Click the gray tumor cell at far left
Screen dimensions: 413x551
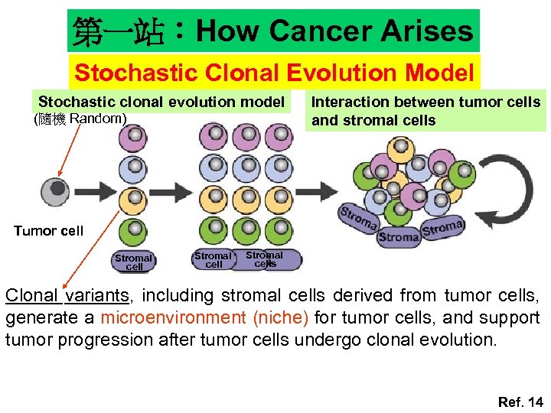[54, 190]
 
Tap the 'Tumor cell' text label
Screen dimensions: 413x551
[48, 231]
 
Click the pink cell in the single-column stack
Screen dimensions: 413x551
[134, 138]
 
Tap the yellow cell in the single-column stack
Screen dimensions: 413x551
[134, 199]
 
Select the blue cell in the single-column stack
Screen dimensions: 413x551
[134, 168]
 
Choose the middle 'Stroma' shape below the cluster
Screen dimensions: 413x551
[398, 236]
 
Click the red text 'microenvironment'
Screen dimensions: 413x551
[165, 317]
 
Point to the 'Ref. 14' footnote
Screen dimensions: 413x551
[520, 402]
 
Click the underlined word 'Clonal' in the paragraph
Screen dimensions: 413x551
[32, 295]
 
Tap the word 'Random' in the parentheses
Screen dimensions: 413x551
[96, 119]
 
